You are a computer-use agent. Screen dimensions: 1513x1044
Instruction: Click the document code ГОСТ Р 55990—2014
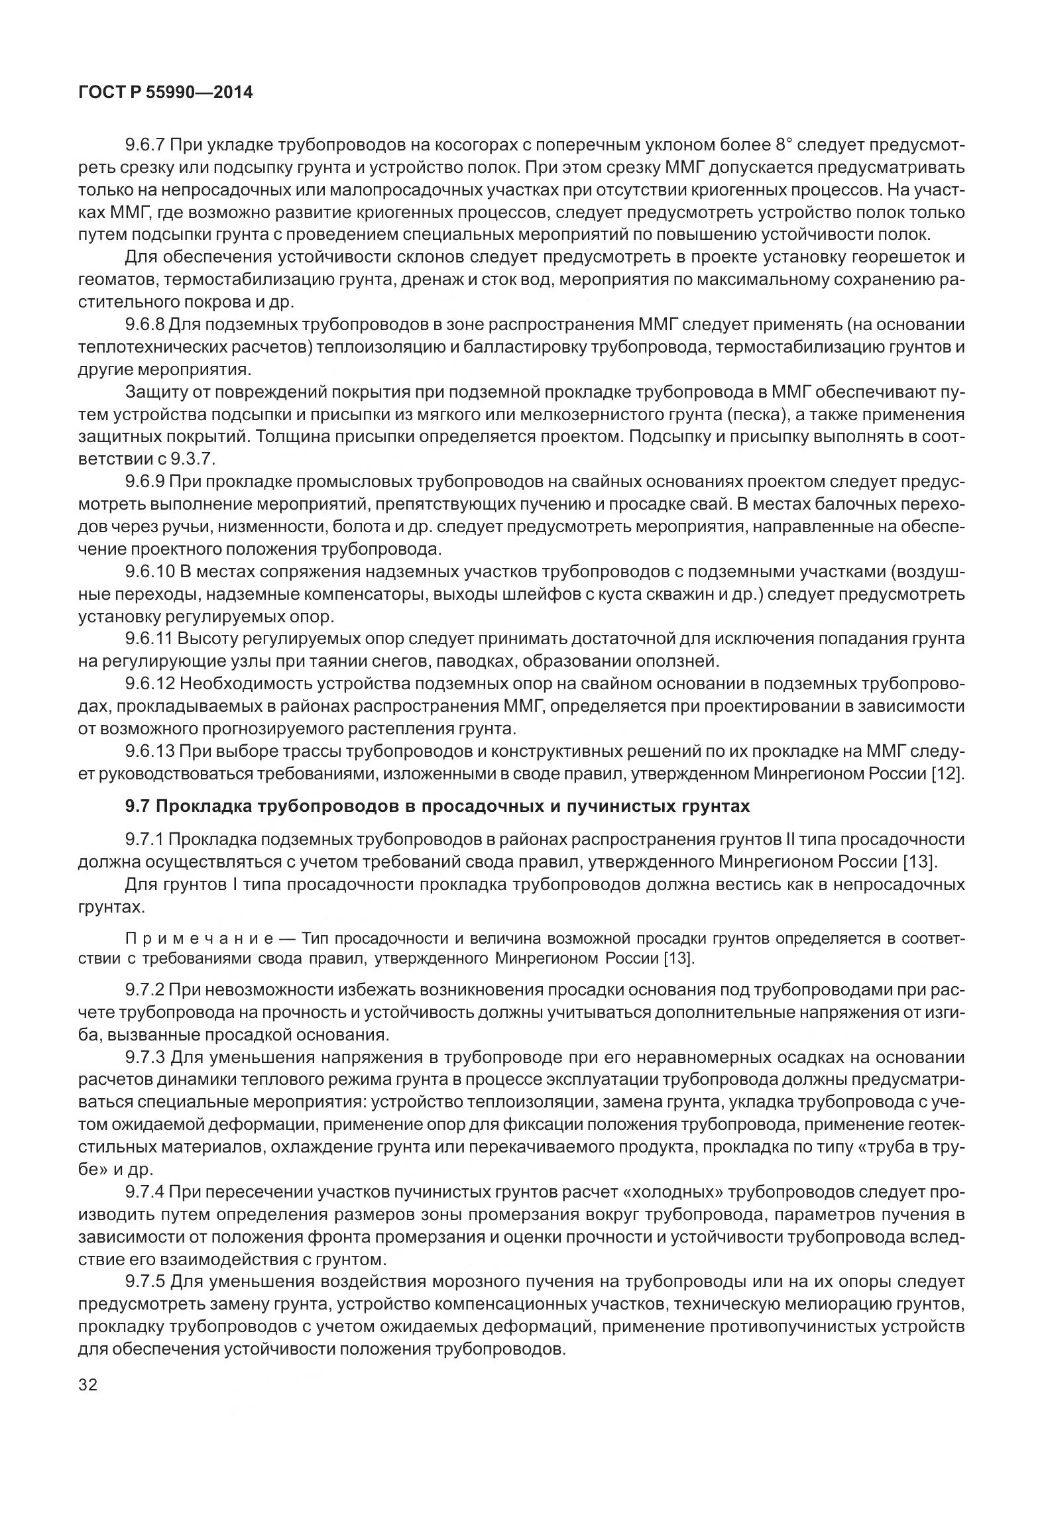click(x=166, y=93)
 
